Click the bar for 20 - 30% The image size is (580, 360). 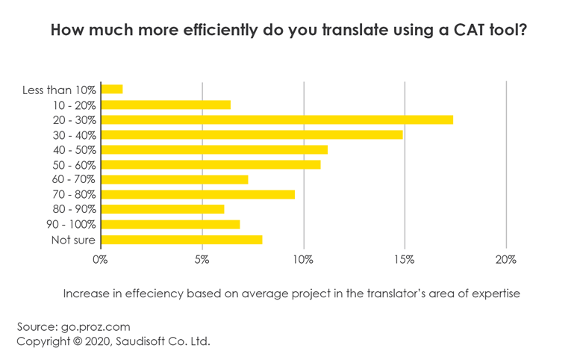[277, 120]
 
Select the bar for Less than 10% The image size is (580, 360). [112, 90]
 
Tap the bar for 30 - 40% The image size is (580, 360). [252, 134]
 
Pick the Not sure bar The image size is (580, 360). [181, 240]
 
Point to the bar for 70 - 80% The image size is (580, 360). [198, 194]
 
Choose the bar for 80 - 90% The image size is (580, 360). [163, 209]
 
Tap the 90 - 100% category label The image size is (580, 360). [70, 225]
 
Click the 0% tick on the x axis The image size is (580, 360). [100, 260]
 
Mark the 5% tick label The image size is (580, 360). [202, 260]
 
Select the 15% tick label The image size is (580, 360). [405, 260]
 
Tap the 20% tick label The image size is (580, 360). [506, 260]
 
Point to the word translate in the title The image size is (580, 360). [346, 31]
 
